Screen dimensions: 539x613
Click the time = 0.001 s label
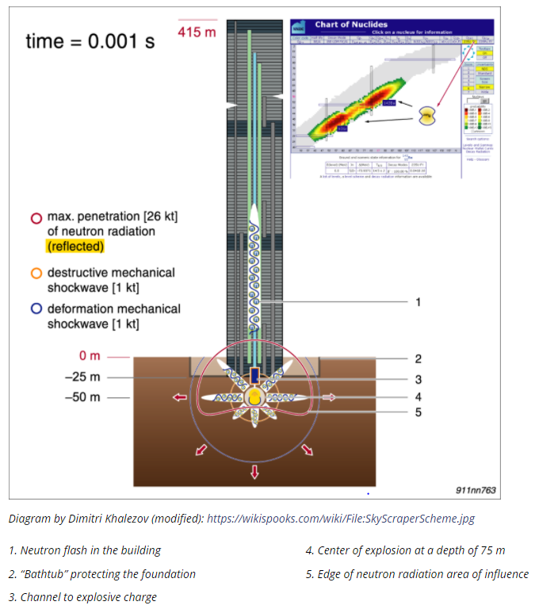point(90,41)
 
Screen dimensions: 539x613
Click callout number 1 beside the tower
point(418,302)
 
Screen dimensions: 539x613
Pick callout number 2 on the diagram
point(418,359)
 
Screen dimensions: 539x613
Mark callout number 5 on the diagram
point(418,412)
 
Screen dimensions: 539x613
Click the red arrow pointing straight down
point(254,473)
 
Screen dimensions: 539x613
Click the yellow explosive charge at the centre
point(254,397)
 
